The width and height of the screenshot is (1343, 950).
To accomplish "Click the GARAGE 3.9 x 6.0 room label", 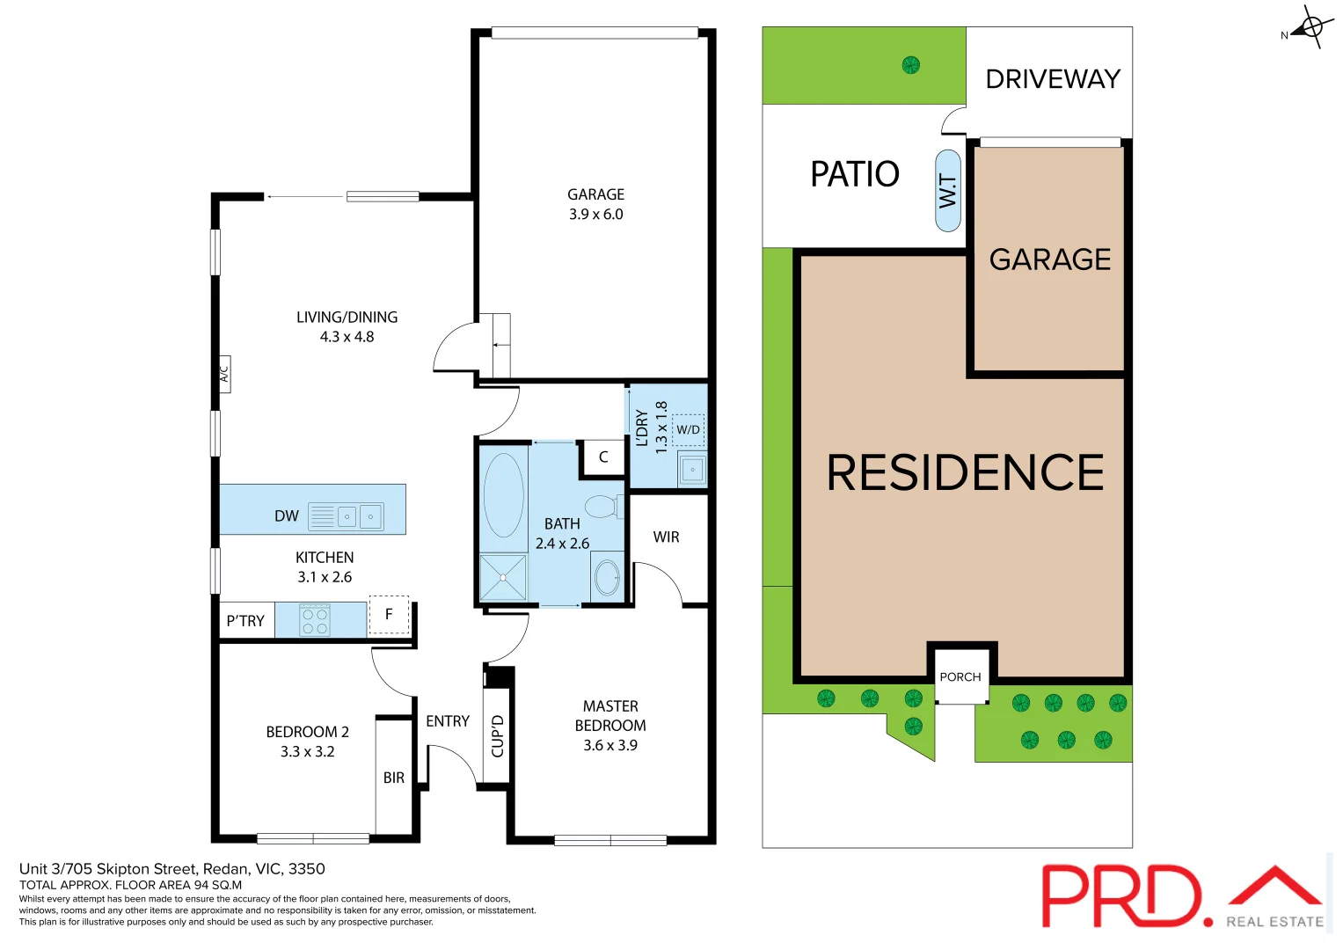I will tap(595, 204).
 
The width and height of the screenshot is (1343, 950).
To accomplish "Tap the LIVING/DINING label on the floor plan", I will tap(347, 318).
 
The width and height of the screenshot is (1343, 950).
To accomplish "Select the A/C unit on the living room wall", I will tap(224, 374).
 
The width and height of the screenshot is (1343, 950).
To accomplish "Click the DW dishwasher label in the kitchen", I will tap(287, 516).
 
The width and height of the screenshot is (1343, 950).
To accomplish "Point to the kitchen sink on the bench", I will tap(359, 516).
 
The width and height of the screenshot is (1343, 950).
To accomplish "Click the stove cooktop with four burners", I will tap(315, 620).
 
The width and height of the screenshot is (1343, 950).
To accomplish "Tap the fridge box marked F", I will tap(389, 615).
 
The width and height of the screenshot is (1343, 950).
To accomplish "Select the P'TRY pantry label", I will tap(245, 621).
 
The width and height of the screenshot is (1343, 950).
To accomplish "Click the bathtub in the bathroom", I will tap(503, 495).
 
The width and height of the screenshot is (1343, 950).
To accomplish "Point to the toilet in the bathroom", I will tap(603, 507).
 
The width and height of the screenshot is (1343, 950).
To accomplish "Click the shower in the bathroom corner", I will tap(502, 578).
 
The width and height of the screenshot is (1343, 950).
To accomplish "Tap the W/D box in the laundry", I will tap(689, 429).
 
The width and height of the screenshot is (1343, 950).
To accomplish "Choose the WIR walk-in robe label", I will tap(666, 537).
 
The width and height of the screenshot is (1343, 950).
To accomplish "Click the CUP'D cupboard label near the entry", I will tap(498, 736).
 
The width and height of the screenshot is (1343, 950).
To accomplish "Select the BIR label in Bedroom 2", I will tap(394, 778).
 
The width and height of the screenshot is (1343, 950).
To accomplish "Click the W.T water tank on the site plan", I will tap(947, 191).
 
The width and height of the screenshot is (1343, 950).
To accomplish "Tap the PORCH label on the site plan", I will tap(960, 676).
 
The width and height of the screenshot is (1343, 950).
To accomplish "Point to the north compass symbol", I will tap(1310, 27).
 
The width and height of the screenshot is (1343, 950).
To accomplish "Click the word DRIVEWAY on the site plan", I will tap(1053, 79).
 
